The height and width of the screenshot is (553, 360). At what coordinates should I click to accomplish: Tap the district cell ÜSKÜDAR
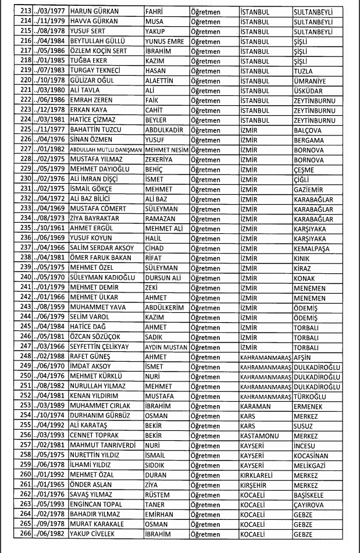[x=309, y=91]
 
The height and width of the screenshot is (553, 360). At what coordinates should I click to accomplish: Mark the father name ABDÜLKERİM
[x=165, y=308]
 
